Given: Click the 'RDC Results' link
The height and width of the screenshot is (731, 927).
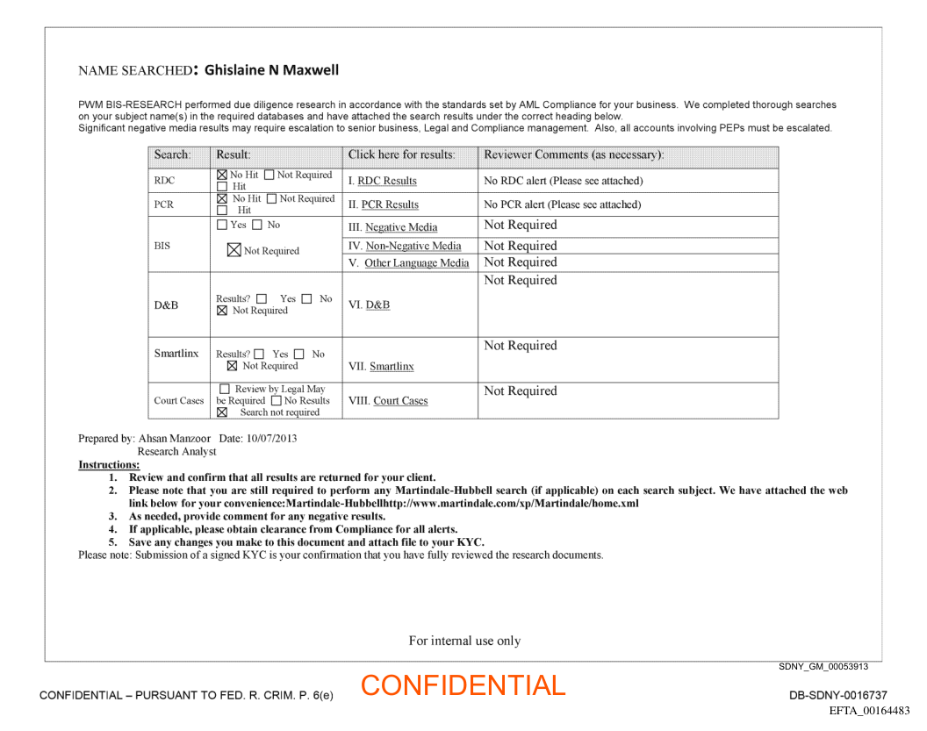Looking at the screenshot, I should tap(387, 181).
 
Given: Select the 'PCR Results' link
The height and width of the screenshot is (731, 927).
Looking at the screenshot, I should tap(390, 204).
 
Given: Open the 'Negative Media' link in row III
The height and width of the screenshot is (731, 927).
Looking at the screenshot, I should tap(401, 227).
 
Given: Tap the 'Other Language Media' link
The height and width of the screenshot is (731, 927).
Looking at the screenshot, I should tap(416, 262).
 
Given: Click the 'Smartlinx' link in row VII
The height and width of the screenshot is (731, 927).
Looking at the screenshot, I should tap(392, 366).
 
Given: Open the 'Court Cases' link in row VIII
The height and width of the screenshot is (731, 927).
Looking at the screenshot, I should tap(400, 400).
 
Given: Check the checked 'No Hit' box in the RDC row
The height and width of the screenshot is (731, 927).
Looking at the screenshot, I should tap(222, 176).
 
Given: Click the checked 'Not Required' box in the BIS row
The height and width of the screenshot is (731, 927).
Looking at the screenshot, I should tap(234, 250).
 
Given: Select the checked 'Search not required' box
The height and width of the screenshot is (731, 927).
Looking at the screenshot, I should tap(222, 412).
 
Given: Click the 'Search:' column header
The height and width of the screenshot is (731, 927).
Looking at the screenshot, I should tap(172, 154).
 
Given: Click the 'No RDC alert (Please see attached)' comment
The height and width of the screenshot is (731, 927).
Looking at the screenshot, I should tap(564, 181).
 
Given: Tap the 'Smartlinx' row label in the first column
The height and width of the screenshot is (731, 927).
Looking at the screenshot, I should tap(176, 353).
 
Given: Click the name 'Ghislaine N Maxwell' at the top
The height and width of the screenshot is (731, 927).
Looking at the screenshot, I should tap(271, 70).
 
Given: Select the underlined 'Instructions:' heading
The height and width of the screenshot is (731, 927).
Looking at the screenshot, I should tap(109, 464).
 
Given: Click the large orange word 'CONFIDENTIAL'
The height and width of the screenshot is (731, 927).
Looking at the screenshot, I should tap(463, 685).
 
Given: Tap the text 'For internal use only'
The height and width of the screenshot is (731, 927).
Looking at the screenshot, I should tap(464, 641).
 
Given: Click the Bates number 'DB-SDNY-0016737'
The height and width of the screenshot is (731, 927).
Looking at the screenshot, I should tap(838, 695).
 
